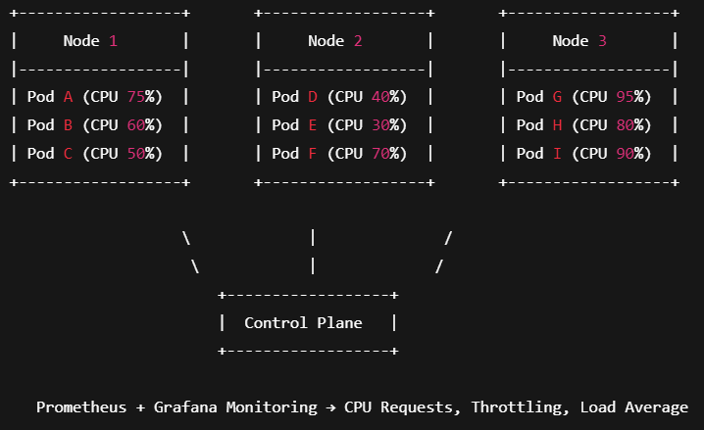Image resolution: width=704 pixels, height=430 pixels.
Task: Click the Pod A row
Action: (95, 97)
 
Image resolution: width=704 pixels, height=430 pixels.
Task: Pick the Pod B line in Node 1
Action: (95, 125)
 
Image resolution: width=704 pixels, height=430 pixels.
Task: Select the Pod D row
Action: (340, 97)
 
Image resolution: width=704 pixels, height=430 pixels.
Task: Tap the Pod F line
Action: (340, 154)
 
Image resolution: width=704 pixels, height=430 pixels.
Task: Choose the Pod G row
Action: (584, 97)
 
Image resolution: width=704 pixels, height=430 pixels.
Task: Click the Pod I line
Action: (584, 154)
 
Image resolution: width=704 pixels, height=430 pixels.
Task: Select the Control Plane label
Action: (303, 323)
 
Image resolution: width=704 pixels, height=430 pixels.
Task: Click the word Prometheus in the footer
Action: (81, 407)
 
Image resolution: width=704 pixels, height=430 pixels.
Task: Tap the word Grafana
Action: (186, 407)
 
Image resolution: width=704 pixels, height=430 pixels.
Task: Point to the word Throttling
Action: (516, 407)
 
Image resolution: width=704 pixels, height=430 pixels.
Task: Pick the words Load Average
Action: (633, 407)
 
